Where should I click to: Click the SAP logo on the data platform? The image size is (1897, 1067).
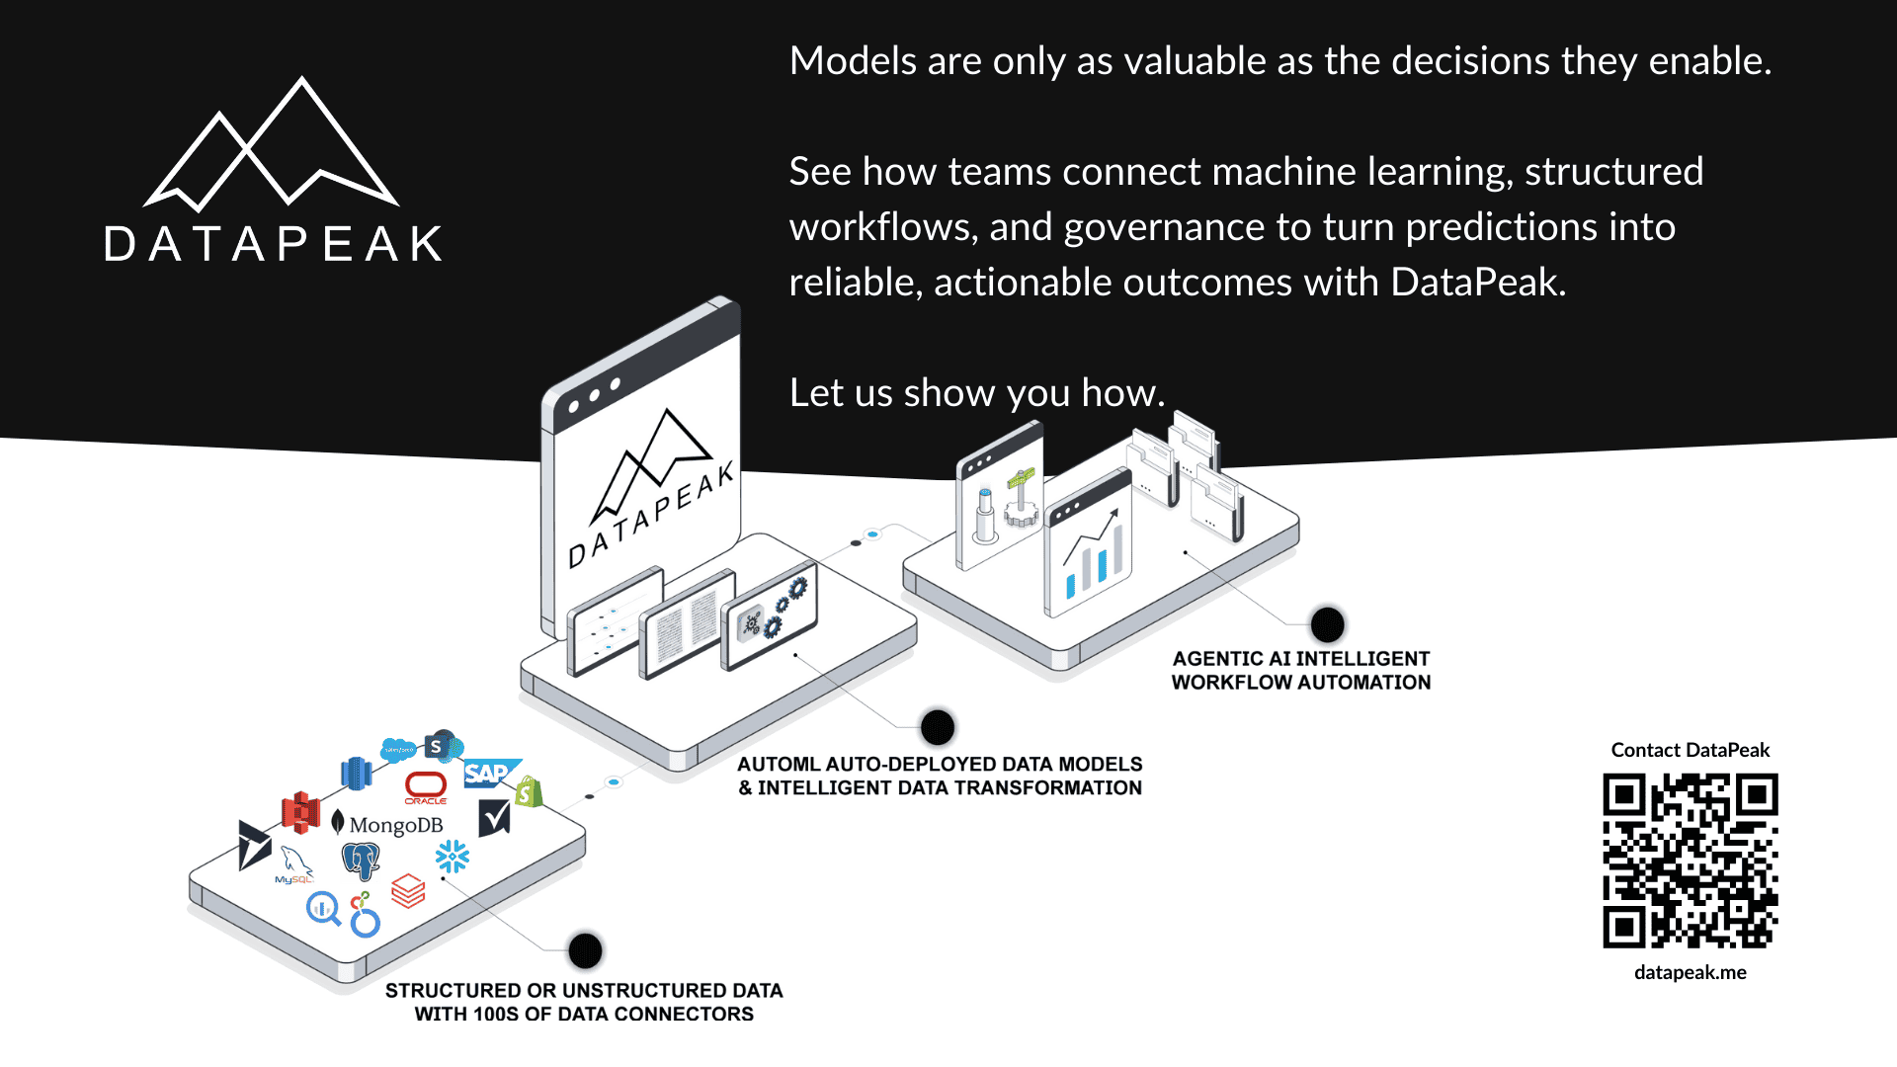pyautogui.click(x=487, y=774)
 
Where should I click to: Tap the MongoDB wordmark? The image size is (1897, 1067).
pyautogui.click(x=395, y=825)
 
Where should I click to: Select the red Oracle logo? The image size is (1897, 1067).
pyautogui.click(x=426, y=786)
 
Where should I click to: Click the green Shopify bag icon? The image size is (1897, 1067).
pyautogui.click(x=529, y=791)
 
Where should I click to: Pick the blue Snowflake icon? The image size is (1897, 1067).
pyautogui.click(x=453, y=857)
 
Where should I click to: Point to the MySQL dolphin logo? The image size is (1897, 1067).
pyautogui.click(x=294, y=864)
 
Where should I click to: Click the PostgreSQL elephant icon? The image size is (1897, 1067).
pyautogui.click(x=361, y=861)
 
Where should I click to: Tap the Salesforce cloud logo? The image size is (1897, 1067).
pyautogui.click(x=398, y=749)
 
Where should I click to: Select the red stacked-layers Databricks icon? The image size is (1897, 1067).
pyautogui.click(x=408, y=891)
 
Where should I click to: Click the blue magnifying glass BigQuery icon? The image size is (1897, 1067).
pyautogui.click(x=323, y=907)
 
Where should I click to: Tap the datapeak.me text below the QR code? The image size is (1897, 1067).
pyautogui.click(x=1690, y=972)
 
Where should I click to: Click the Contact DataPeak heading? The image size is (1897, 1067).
pyautogui.click(x=1690, y=750)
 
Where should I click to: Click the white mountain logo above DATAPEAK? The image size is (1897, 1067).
pyautogui.click(x=272, y=148)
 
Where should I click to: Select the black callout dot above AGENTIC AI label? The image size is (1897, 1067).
pyautogui.click(x=1327, y=624)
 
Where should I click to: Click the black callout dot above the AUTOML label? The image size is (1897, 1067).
pyautogui.click(x=937, y=728)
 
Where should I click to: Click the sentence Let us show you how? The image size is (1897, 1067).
pyautogui.click(x=976, y=393)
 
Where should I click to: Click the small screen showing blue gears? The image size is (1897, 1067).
pyautogui.click(x=771, y=615)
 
